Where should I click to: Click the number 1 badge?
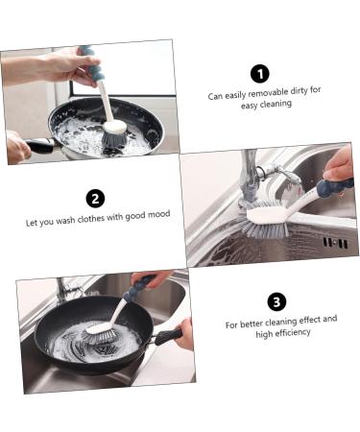[x=258, y=74]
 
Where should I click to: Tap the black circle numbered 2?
[x=95, y=199]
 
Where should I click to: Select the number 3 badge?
[x=276, y=301]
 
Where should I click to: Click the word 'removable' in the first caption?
[x=259, y=94]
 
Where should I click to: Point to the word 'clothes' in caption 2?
[x=103, y=219]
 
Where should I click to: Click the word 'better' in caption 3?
[x=255, y=324]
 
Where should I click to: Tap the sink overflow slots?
[x=335, y=244]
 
